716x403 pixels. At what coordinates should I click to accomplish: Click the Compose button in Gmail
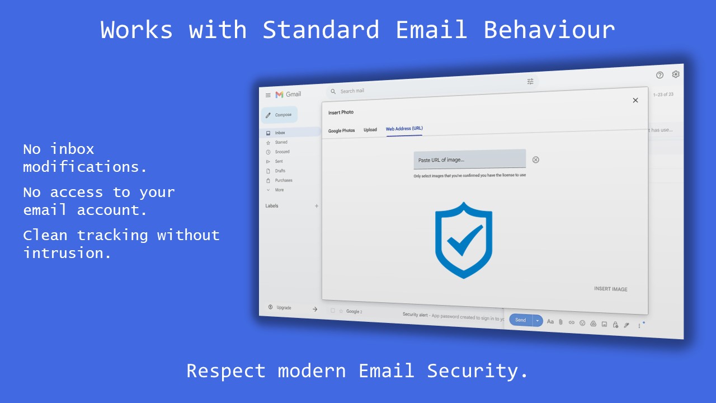click(x=280, y=115)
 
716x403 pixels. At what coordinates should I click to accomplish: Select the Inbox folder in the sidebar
click(x=280, y=133)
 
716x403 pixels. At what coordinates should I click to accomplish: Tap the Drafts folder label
click(x=280, y=171)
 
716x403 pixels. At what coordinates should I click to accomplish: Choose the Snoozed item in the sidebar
click(x=282, y=152)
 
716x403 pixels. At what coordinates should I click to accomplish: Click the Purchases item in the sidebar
click(x=283, y=180)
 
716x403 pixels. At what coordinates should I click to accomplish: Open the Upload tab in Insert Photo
click(x=370, y=130)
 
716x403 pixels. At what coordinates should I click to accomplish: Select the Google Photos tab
click(x=341, y=130)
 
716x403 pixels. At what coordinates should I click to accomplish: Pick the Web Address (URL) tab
click(x=404, y=129)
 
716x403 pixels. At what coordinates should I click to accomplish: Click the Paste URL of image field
click(x=469, y=160)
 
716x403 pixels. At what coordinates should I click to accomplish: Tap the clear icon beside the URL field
click(x=535, y=160)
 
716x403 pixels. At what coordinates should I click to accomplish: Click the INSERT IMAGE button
click(x=610, y=289)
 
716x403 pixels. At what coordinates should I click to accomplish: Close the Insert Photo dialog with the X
click(x=635, y=100)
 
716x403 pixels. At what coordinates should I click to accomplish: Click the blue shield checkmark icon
click(x=464, y=240)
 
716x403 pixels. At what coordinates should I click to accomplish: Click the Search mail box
click(x=392, y=90)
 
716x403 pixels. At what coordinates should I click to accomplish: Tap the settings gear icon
click(x=675, y=74)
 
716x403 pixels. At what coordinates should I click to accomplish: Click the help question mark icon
click(x=660, y=75)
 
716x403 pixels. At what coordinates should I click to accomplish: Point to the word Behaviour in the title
click(x=549, y=30)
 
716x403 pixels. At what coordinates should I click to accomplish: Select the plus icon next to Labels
click(x=317, y=206)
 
